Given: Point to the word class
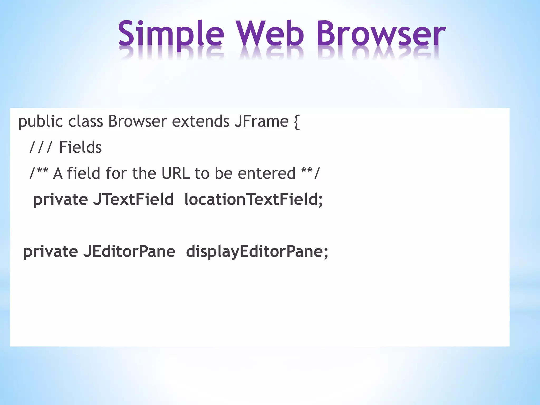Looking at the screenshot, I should tap(85, 122).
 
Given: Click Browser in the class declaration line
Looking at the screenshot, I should tap(137, 122).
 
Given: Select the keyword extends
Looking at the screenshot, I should tap(201, 122).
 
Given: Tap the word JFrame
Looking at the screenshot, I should tap(262, 122).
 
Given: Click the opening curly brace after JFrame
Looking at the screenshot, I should tap(297, 122).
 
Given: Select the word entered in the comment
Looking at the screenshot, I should tap(266, 173).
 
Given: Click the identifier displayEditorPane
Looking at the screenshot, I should tap(257, 252).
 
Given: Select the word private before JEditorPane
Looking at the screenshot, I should tap(51, 252).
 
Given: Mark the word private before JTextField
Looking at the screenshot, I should tap(60, 200).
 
